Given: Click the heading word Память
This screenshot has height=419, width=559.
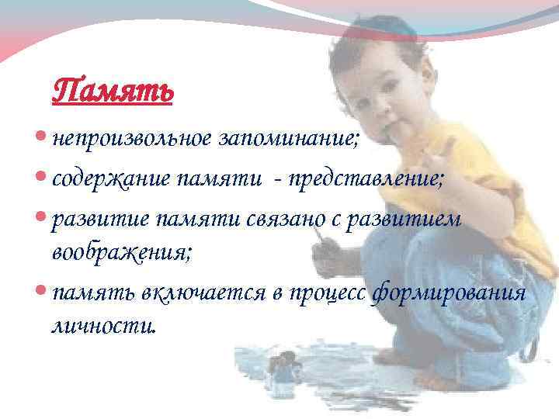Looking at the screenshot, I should pyautogui.click(x=113, y=92).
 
